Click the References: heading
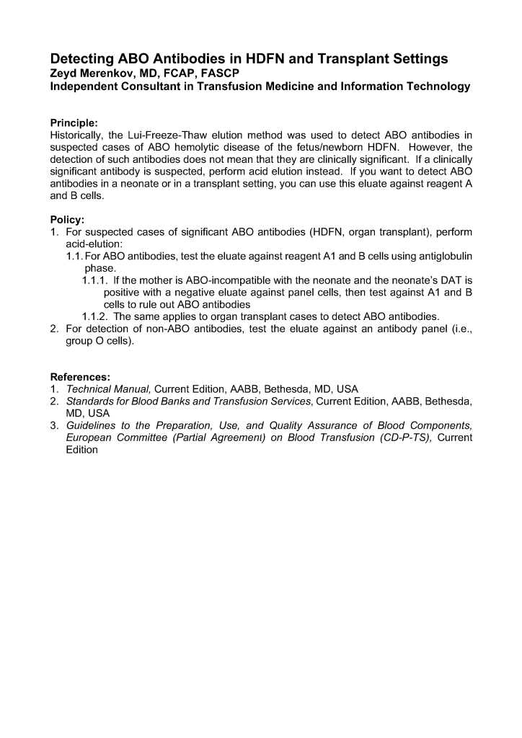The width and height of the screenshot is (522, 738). coord(80,376)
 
